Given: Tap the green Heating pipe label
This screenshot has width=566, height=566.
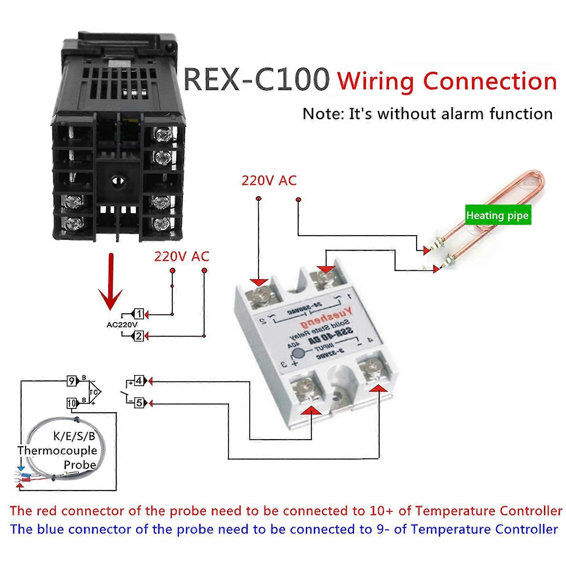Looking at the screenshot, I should click(497, 215).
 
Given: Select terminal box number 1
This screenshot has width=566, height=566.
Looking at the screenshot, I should click(139, 314).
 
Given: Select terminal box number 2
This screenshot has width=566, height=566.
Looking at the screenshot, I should click(139, 336).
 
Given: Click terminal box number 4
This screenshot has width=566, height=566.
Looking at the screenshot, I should click(139, 381).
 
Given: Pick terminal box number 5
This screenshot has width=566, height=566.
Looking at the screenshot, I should click(139, 403).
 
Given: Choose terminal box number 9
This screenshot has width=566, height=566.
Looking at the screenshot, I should click(72, 381).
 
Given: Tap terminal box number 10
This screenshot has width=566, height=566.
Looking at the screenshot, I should click(72, 403).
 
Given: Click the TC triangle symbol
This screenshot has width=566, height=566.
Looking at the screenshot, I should click(94, 392).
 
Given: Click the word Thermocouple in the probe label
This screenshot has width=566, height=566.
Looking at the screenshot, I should click(57, 450).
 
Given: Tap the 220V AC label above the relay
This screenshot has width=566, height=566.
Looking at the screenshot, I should click(269, 181).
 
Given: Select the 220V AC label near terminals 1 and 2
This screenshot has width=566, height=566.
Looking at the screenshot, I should click(181, 256).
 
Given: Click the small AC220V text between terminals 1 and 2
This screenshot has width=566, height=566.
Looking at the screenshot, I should click(122, 325).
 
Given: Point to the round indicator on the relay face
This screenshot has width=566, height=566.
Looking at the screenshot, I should click(299, 354).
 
